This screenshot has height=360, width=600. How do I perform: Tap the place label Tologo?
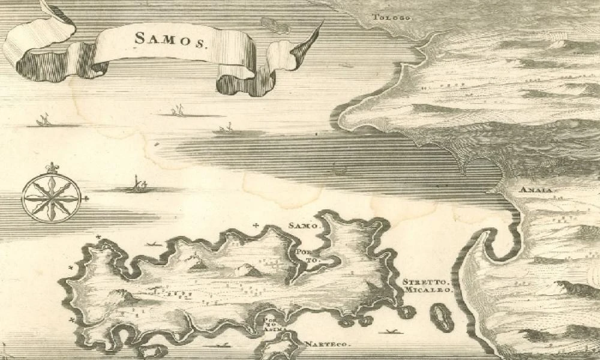pyautogui.click(x=392, y=17)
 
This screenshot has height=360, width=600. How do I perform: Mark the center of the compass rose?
pyautogui.click(x=51, y=197)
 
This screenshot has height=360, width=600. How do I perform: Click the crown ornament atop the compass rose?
pyautogui.click(x=52, y=167)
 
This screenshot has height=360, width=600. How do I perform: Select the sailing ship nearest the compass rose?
pyautogui.click(x=139, y=186)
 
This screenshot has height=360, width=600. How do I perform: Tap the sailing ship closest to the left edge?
pyautogui.click(x=43, y=121)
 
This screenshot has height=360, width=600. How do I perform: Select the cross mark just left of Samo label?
pyautogui.click(x=257, y=226)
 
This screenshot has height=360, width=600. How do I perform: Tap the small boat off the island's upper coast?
pyautogui.click(x=155, y=244)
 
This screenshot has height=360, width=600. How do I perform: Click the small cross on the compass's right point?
pyautogui.click(x=87, y=198)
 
